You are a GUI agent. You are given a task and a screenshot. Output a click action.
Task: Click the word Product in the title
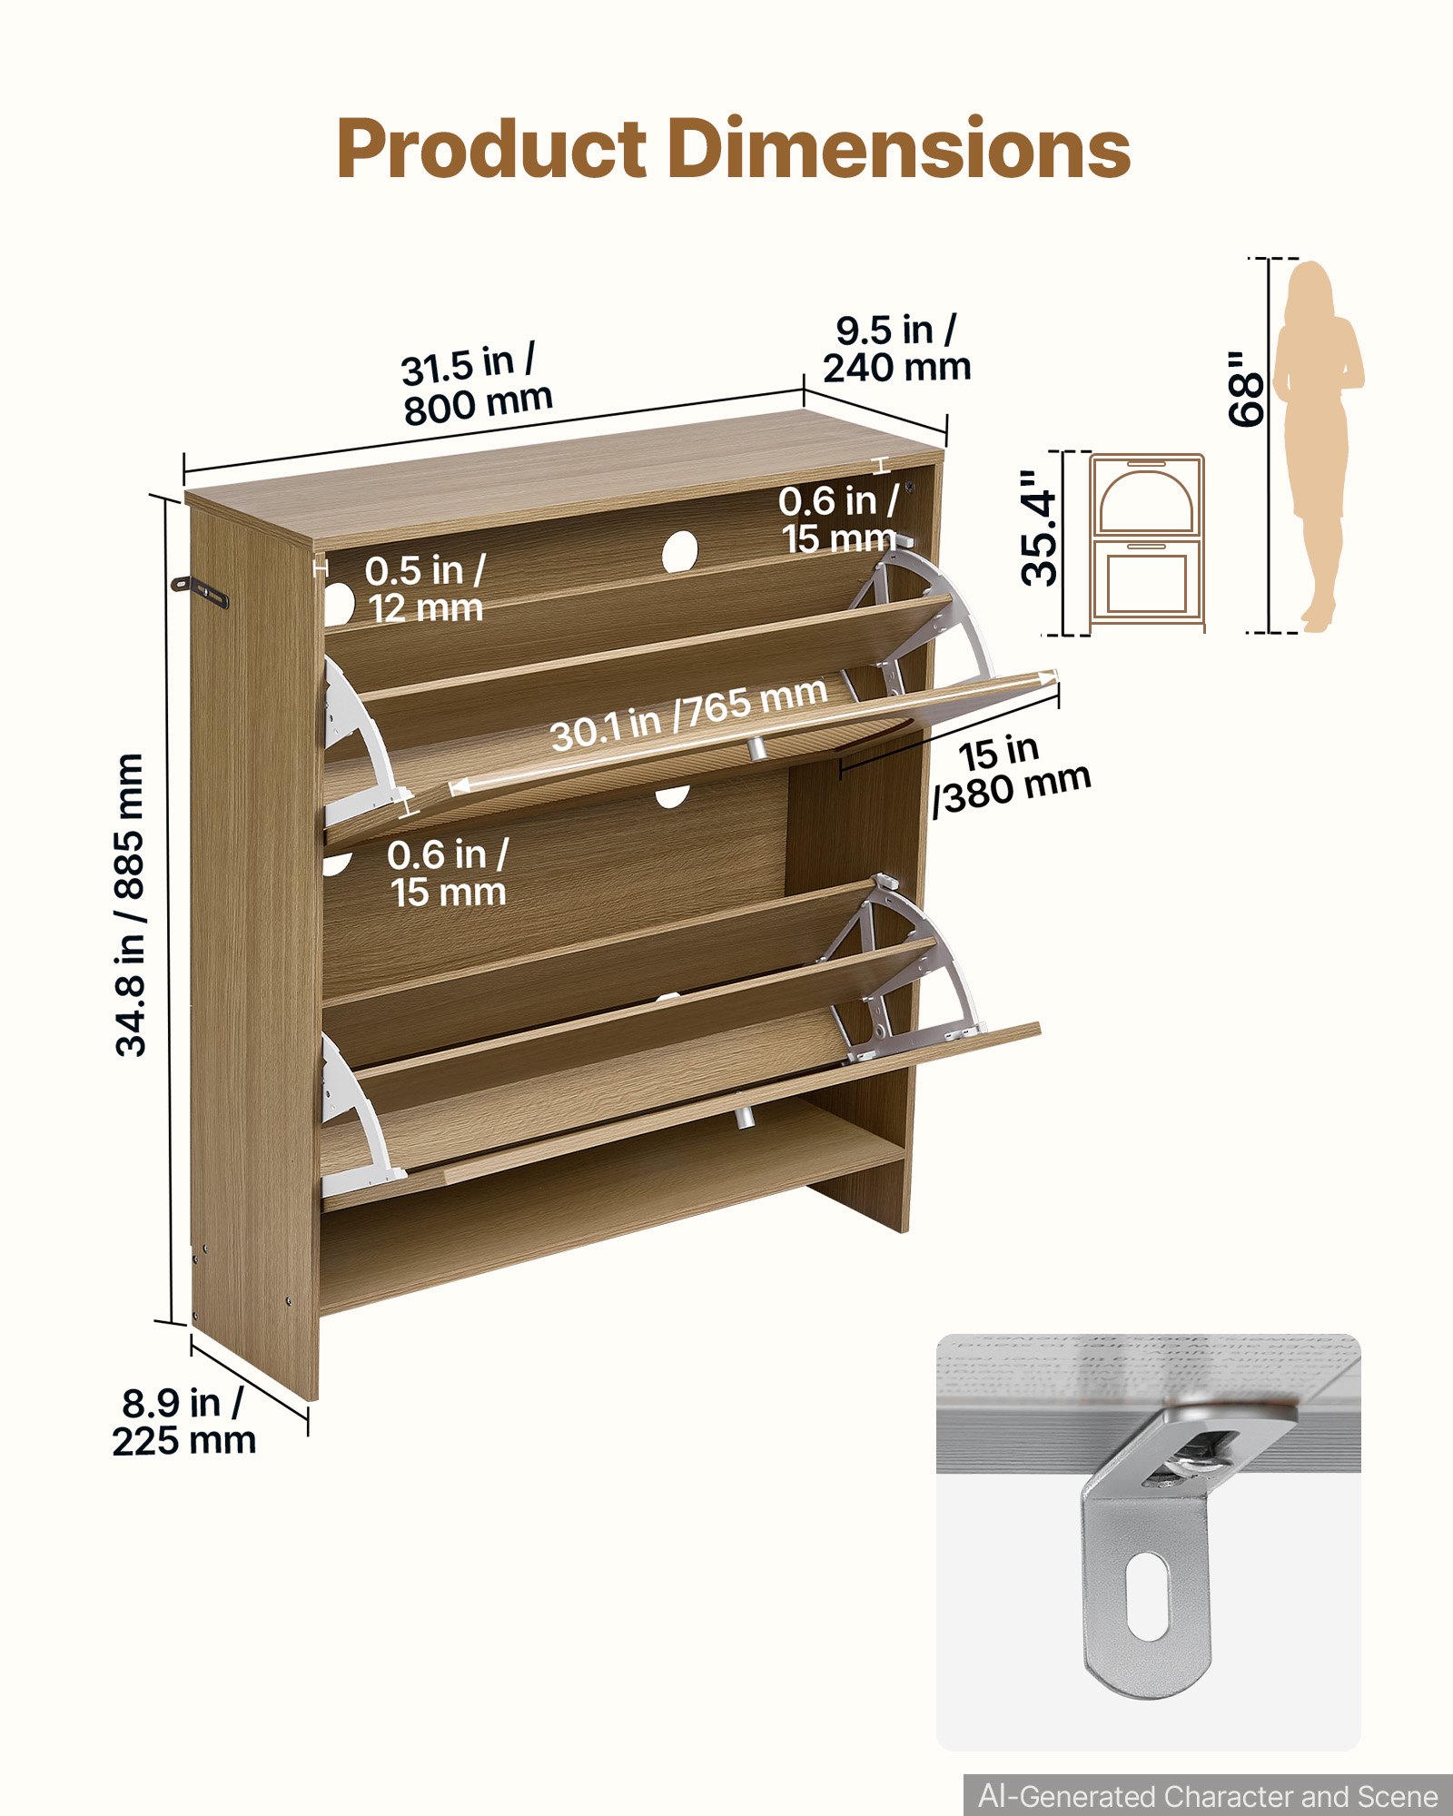coord(491,150)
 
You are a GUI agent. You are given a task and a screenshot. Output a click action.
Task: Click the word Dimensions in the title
coord(899,148)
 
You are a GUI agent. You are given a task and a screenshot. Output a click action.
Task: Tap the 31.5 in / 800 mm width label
coord(475,384)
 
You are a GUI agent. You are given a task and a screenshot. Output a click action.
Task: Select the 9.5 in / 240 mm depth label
coord(897,349)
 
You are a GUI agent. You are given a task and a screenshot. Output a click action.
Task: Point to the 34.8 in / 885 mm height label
coord(130,904)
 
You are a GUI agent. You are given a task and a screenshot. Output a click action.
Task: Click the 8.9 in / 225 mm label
coord(184,1422)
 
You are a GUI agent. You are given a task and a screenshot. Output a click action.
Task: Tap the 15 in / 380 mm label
coord(1013,775)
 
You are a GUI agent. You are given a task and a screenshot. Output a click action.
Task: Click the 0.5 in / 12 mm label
coord(425,589)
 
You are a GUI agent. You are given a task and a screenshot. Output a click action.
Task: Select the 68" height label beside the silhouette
coord(1245,388)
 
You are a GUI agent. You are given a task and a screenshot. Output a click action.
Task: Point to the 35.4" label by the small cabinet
coord(1040,528)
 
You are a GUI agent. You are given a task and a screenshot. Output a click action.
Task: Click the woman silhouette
coord(1318,446)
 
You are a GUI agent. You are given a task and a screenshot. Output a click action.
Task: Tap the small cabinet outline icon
coord(1148,541)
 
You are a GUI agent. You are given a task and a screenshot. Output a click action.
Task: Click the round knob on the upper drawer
coord(756,747)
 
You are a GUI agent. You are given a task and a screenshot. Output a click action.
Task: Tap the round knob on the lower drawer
coord(745,1117)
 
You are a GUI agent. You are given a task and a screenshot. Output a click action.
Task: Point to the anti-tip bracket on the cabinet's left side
coord(200,591)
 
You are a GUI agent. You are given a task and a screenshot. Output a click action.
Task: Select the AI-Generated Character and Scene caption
coord(1208,1796)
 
